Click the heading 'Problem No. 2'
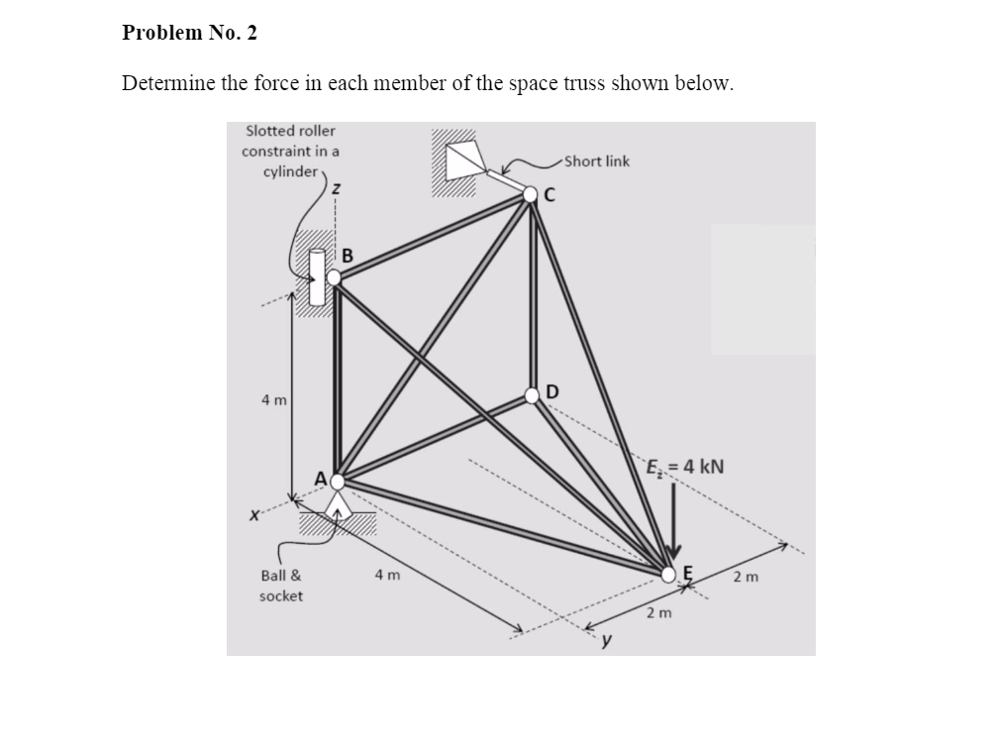tap(189, 33)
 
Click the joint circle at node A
tap(338, 482)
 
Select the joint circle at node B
tap(335, 277)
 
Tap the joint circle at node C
tap(532, 195)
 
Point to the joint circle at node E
tap(670, 572)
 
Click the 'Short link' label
tap(598, 161)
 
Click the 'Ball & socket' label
tap(281, 586)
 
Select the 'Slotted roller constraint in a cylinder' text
tap(290, 151)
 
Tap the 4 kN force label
tap(685, 466)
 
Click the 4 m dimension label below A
tap(387, 575)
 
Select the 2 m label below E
tap(658, 613)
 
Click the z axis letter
tap(338, 188)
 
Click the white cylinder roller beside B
tap(318, 276)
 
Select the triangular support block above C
tap(463, 161)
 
